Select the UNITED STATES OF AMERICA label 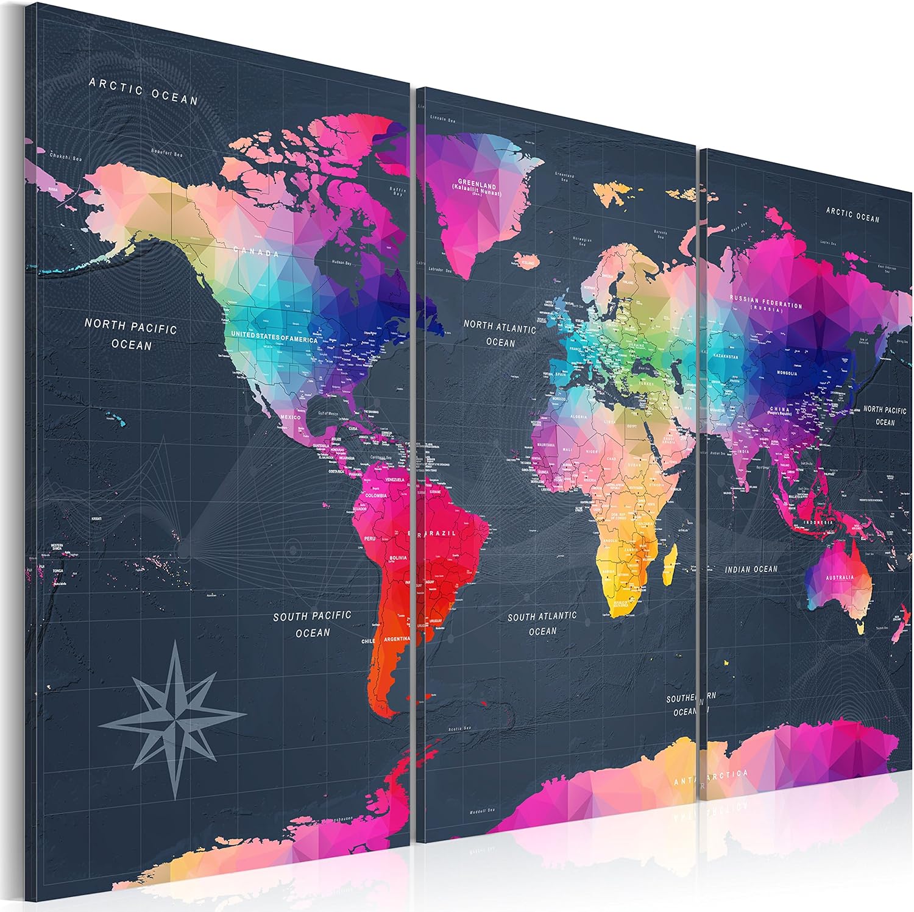274,337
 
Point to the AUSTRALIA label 840,577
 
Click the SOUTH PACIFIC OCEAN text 312,624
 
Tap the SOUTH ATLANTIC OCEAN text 542,623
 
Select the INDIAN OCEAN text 751,569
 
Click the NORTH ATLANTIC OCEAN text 500,334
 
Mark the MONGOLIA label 786,373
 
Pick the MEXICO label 291,417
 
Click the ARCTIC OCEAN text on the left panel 144,91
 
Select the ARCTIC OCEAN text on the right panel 852,214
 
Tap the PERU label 370,539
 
